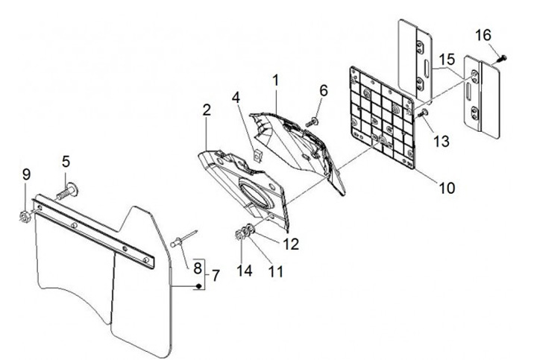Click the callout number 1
point(275,79)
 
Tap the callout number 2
point(206,110)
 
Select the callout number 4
point(235,98)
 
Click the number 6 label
point(323,90)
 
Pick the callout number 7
point(216,276)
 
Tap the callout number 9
point(26,175)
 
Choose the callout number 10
point(446,188)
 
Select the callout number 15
point(446,58)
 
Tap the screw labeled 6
point(315,119)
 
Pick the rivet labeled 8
point(182,239)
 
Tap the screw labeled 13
point(423,113)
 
